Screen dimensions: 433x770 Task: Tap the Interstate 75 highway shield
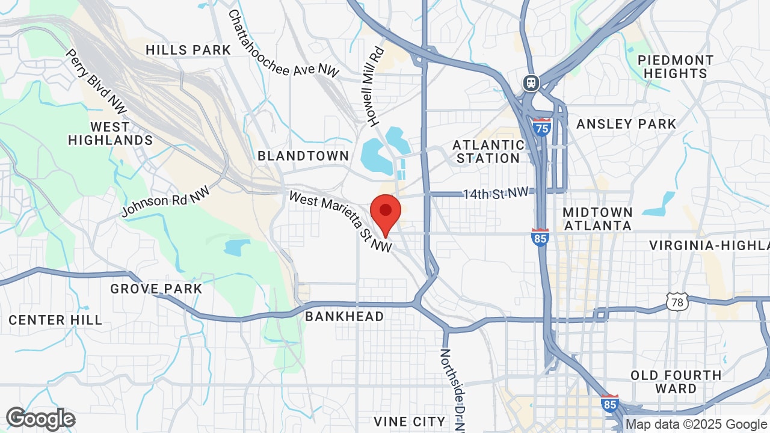click(x=541, y=127)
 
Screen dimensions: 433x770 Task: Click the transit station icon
click(x=531, y=82)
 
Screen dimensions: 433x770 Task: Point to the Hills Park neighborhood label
click(x=188, y=50)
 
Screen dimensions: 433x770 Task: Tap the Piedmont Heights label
click(x=676, y=67)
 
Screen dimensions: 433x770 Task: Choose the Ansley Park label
click(x=626, y=124)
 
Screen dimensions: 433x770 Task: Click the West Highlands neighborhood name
click(x=110, y=134)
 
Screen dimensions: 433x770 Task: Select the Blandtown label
click(x=303, y=156)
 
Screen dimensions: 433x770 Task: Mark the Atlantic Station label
click(x=488, y=152)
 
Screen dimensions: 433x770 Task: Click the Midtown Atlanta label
click(x=597, y=219)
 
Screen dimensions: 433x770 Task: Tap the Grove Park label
click(x=156, y=289)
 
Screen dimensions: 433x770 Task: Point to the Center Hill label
click(x=55, y=320)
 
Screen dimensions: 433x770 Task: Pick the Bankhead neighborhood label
click(x=344, y=316)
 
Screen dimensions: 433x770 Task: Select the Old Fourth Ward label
click(x=676, y=382)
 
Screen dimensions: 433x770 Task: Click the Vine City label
click(x=409, y=421)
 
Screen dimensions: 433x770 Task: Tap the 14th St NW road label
click(x=496, y=193)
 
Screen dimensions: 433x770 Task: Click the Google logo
click(x=41, y=419)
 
